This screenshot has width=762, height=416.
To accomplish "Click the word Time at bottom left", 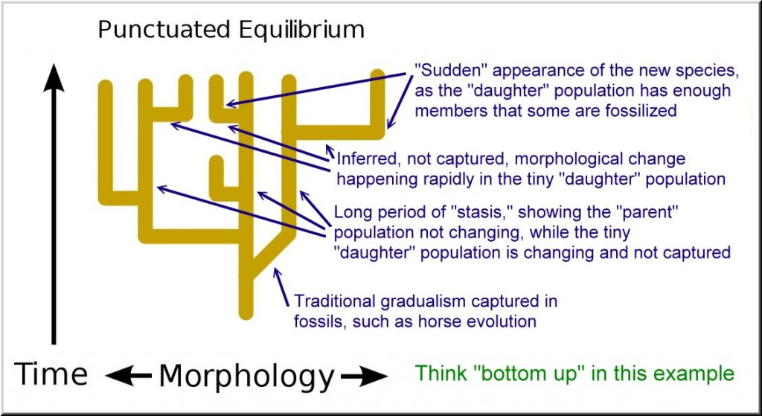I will click(51, 374).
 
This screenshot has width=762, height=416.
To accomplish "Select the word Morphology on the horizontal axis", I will click(246, 376).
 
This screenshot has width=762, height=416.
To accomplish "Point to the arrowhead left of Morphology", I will click(120, 377).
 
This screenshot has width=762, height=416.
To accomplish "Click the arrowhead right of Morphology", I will click(373, 377).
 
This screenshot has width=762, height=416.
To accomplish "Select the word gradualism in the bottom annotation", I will click(424, 302).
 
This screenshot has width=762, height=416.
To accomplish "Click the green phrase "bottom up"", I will click(535, 373).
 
